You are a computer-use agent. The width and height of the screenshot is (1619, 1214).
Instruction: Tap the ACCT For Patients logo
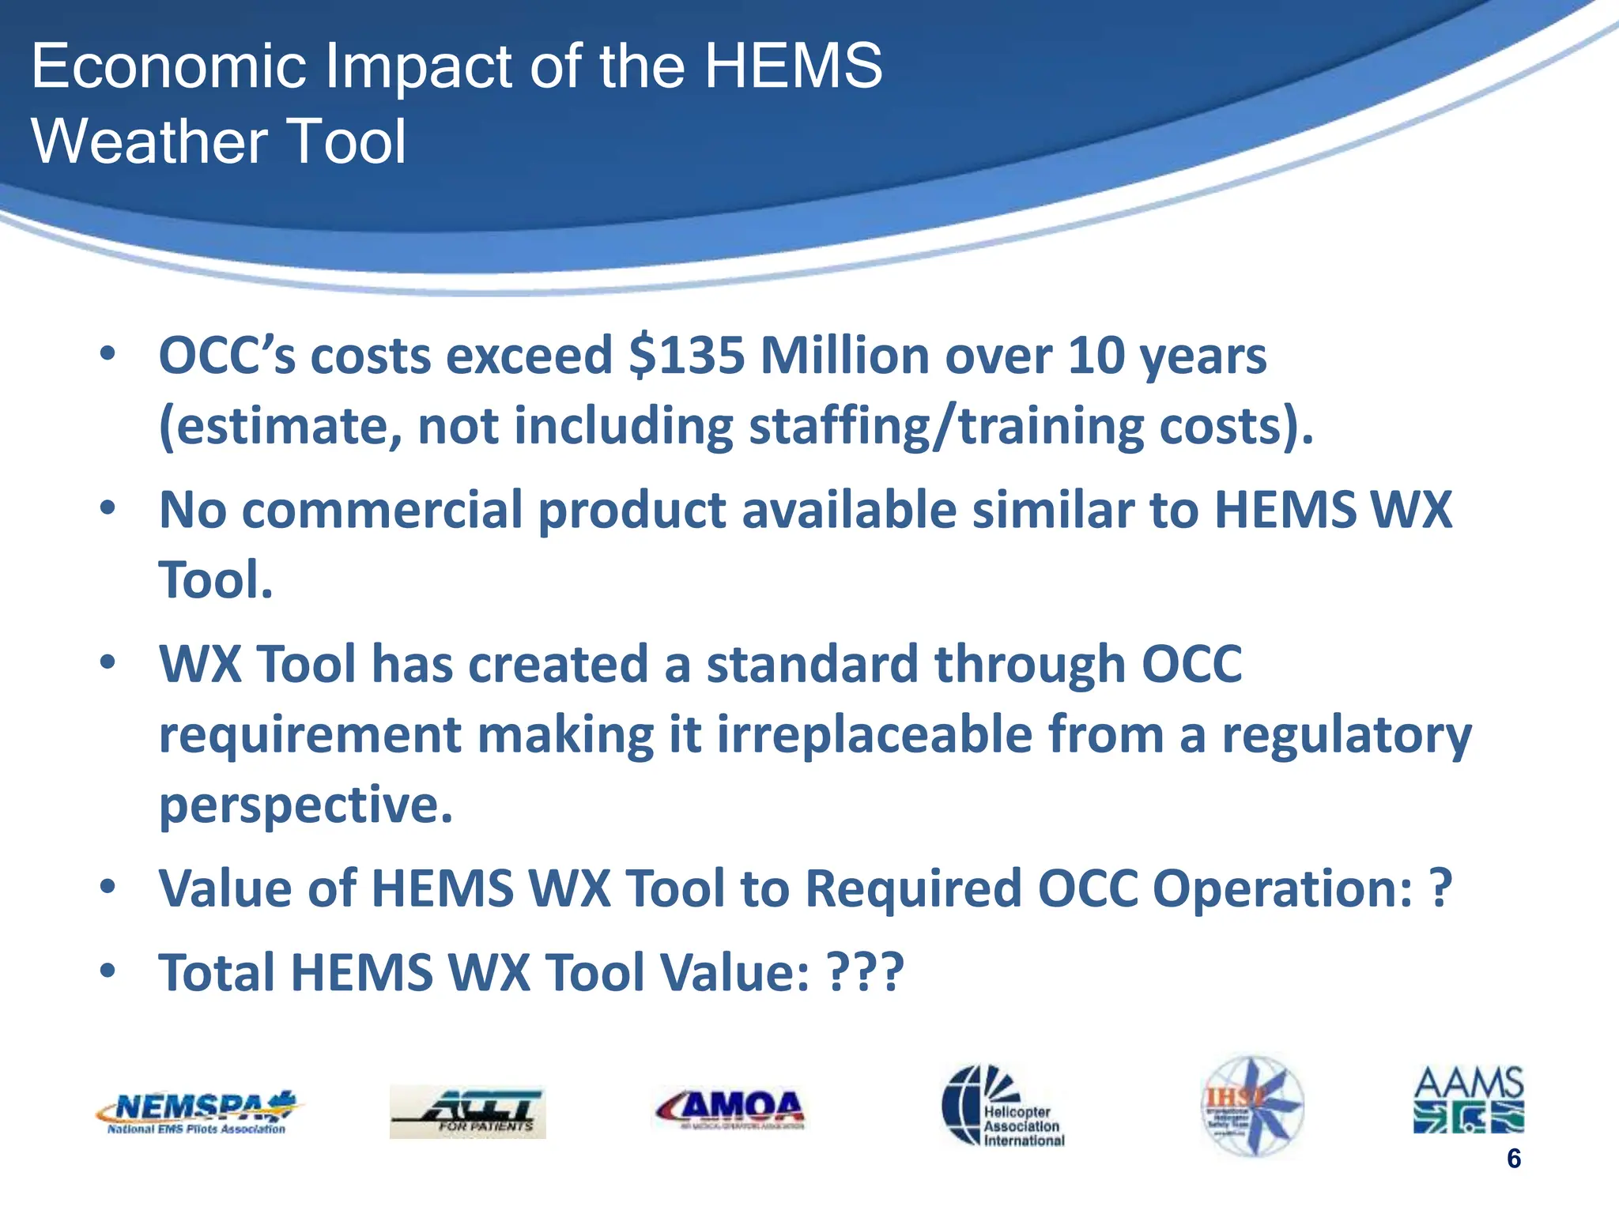point(467,1111)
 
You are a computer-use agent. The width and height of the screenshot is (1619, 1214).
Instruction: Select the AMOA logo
point(730,1108)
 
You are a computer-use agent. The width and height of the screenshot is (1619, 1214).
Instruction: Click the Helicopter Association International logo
point(1002,1106)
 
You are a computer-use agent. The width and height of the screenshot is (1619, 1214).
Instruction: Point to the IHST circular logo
point(1252,1106)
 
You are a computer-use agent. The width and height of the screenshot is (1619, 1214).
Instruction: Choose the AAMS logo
point(1468,1099)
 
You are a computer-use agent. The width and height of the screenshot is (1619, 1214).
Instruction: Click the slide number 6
point(1513,1159)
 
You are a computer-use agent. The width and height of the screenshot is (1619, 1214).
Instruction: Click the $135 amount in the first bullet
point(687,356)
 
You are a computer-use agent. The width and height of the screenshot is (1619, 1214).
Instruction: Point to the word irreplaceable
point(874,734)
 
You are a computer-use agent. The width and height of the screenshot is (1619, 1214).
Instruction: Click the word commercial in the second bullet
point(382,510)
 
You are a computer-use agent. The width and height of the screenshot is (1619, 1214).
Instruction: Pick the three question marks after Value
point(865,972)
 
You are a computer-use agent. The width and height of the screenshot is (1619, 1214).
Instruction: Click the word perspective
point(306,805)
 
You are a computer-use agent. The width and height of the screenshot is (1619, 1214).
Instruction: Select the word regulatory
point(1346,734)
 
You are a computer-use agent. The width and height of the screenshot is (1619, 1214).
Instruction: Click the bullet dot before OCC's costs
point(108,353)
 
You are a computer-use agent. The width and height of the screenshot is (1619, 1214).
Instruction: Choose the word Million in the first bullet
point(844,356)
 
